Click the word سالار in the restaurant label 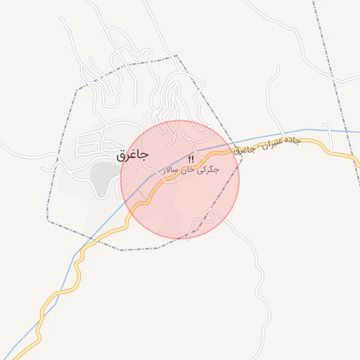[172, 170]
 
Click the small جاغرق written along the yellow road [243, 150]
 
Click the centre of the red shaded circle [180, 179]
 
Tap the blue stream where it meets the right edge [357, 131]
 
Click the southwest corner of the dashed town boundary [48, 220]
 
